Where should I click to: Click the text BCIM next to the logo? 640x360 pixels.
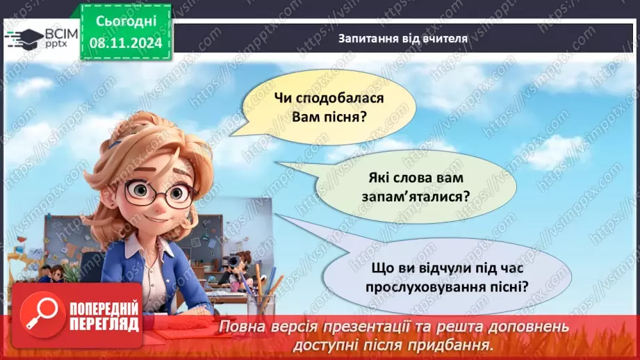tap(61, 33)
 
